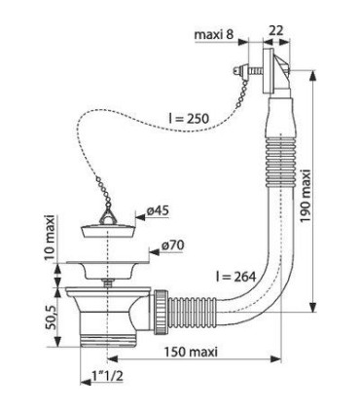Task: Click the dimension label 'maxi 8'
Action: coord(214,34)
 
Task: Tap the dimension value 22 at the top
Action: coord(276,30)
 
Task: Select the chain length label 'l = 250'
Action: coord(189,119)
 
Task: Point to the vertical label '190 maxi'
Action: coord(306,196)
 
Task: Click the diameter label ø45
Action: coord(158,211)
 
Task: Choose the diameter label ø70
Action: coord(172,245)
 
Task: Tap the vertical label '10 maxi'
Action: coord(50,238)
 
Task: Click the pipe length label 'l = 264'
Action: coord(236,277)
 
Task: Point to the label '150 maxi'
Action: coord(191,352)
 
